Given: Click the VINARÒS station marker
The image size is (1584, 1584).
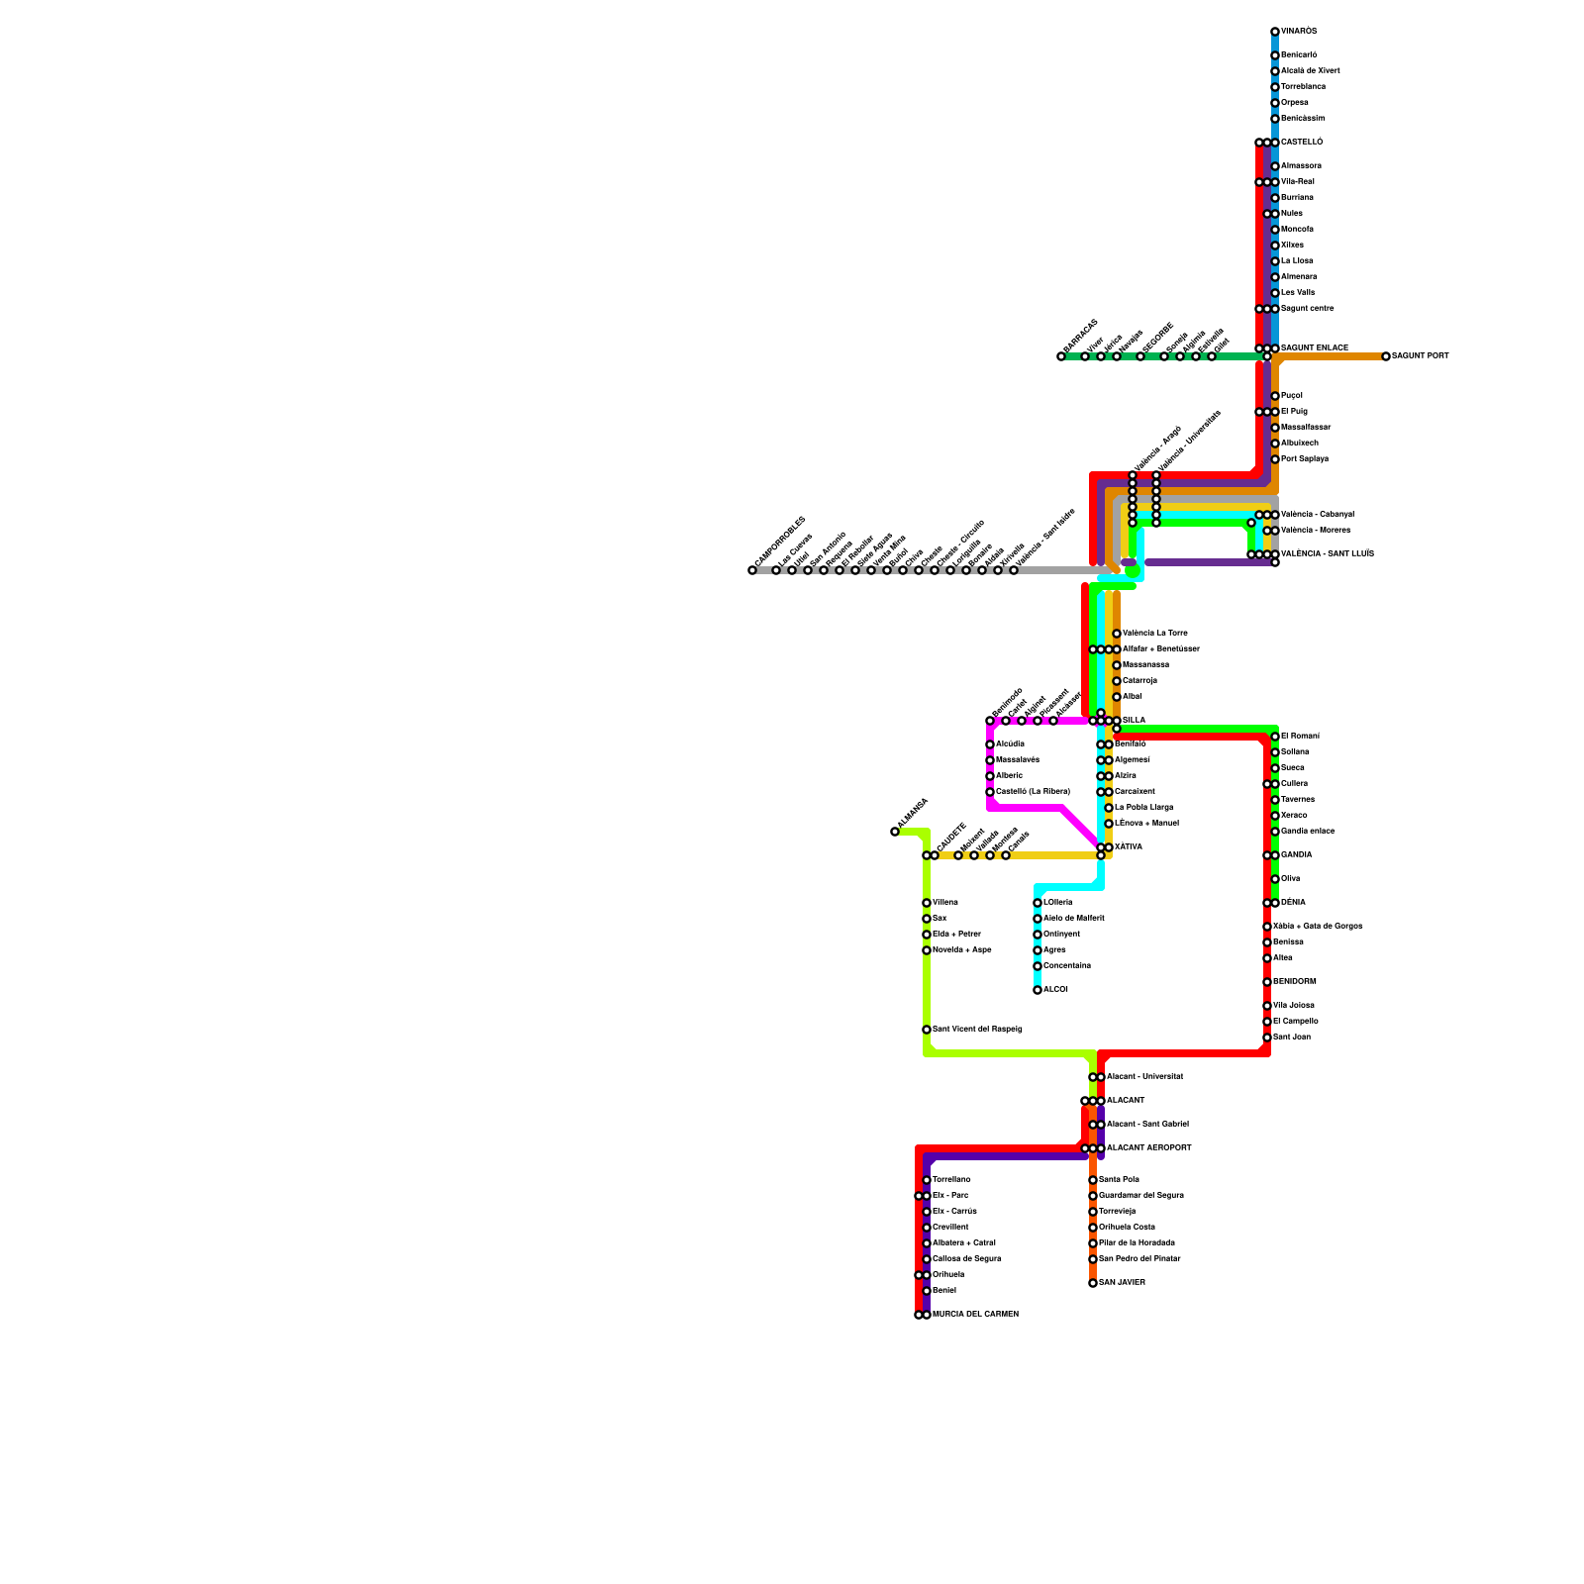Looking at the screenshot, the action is (1275, 32).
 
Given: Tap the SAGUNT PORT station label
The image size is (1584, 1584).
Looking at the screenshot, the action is (1421, 356).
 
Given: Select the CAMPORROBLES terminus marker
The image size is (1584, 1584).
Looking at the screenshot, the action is (752, 570).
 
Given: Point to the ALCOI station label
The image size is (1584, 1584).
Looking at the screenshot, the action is (1055, 990).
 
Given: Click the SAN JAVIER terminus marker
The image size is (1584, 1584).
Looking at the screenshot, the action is (1093, 1283).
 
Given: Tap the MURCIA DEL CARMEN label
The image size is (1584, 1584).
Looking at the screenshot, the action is (975, 1315).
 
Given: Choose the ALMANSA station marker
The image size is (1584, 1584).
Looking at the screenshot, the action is (895, 832).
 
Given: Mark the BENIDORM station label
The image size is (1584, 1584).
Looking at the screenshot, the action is (1295, 982).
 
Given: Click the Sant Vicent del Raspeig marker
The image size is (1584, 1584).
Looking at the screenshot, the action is (927, 1030).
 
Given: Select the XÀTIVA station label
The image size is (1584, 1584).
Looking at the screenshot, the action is (1129, 847).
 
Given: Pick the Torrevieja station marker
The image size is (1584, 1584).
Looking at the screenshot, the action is (1093, 1212).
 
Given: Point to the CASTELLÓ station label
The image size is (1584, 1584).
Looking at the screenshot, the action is (1302, 143).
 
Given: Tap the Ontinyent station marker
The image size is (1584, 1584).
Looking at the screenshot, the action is (1038, 935).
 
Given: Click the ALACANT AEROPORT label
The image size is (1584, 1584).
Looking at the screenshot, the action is (1148, 1148).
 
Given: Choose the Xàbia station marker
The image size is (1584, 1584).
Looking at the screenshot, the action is (1267, 927).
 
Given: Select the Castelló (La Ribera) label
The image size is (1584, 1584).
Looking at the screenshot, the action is (1033, 792).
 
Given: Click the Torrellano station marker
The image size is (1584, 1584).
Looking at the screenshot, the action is (927, 1180).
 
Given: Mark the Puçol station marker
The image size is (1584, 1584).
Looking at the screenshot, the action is (1275, 396).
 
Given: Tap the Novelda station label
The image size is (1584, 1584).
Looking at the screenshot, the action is (961, 950).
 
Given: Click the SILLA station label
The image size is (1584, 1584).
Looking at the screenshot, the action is (1134, 721).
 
